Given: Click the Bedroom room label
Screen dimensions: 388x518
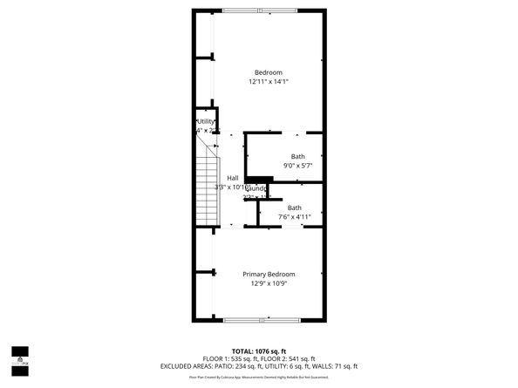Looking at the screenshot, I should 268,72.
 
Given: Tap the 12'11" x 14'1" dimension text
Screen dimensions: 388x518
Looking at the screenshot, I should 268,82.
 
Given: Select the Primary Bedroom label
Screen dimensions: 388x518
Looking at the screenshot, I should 268,274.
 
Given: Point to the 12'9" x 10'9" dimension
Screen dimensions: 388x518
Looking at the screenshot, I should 268,283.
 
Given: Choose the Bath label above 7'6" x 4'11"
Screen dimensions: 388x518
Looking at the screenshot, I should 295,208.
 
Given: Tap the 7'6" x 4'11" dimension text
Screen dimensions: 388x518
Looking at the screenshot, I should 295,217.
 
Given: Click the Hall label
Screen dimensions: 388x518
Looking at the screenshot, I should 233,178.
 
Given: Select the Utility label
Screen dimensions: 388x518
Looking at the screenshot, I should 206,121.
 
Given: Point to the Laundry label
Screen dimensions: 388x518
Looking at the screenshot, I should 256,187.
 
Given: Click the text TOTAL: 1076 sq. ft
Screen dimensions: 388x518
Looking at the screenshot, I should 259,350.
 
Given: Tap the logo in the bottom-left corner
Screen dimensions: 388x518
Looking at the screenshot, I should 18,357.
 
